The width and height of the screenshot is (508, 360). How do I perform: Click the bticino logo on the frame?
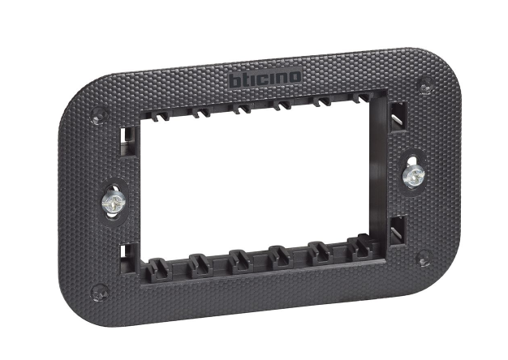[265, 78]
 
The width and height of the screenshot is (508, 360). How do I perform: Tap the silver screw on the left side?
[114, 202]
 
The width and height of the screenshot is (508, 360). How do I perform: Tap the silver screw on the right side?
[414, 177]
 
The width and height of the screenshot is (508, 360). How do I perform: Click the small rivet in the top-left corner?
[99, 115]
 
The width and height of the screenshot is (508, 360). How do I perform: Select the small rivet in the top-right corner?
[426, 85]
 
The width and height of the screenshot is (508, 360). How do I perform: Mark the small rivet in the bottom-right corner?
[424, 259]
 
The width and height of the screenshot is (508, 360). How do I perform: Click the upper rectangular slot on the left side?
[128, 140]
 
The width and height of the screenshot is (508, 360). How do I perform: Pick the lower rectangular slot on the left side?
[127, 258]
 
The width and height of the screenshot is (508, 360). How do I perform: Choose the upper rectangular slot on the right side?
[398, 118]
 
